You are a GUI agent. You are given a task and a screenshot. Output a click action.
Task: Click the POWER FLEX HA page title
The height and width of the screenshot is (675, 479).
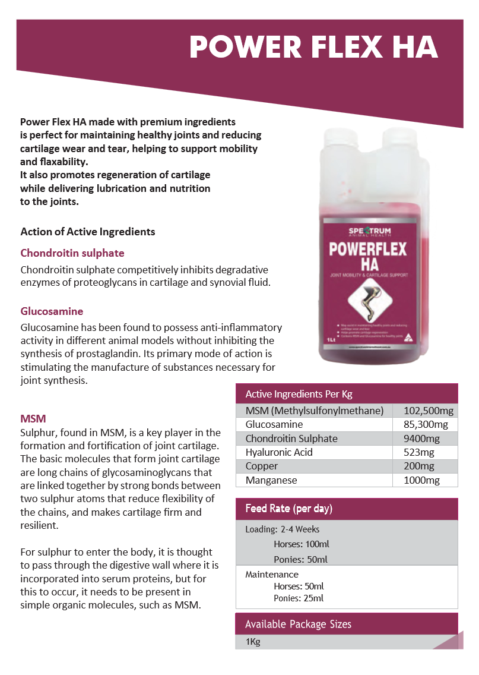click(313, 48)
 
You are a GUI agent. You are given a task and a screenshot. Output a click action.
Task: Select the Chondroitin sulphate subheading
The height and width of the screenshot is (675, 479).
click(72, 253)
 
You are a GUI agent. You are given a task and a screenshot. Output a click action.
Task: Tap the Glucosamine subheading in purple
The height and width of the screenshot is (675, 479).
click(52, 311)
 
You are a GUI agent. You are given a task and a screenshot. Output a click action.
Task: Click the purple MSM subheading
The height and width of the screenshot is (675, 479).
click(33, 419)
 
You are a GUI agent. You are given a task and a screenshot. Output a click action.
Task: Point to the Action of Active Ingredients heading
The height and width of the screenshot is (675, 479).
click(88, 232)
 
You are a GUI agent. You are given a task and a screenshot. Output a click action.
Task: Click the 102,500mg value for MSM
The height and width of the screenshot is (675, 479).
click(429, 411)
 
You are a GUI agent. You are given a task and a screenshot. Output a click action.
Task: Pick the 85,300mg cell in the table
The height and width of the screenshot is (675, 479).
click(426, 424)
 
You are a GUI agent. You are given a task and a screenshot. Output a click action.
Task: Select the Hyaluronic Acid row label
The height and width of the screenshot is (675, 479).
click(279, 452)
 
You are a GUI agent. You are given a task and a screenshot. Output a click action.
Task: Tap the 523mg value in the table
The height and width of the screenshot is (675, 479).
click(418, 452)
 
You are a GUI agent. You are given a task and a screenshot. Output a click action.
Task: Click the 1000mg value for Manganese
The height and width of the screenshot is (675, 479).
click(422, 480)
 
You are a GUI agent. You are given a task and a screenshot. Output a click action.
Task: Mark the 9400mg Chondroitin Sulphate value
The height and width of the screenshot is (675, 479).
click(421, 439)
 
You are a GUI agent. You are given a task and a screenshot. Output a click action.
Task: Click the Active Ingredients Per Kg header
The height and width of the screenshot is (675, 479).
click(299, 394)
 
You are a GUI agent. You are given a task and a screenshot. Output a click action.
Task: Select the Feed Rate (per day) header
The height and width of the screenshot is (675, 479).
click(289, 509)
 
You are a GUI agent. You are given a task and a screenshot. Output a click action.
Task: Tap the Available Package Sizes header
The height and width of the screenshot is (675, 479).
click(298, 624)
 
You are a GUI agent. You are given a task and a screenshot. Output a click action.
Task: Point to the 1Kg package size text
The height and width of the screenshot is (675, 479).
click(253, 642)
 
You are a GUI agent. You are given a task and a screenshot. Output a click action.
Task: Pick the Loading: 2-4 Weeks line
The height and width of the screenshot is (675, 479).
click(282, 529)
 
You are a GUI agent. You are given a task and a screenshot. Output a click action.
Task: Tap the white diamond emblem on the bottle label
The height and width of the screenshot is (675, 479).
click(369, 298)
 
